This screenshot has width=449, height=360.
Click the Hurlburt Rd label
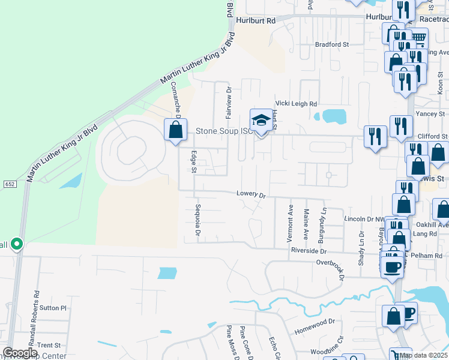pyautogui.click(x=255, y=20)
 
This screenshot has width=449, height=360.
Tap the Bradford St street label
pyautogui.click(x=332, y=44)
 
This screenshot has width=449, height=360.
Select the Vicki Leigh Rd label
pyautogui.click(x=296, y=104)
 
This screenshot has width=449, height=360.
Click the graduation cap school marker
pyautogui.click(x=261, y=121)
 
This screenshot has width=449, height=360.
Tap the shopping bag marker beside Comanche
pyautogui.click(x=175, y=130)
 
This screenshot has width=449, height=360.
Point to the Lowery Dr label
pyautogui.click(x=251, y=194)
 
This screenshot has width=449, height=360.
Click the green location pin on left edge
pyautogui.click(x=17, y=244)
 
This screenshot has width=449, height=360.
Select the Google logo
pyautogui.click(x=19, y=353)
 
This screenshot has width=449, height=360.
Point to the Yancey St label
pyautogui.click(x=432, y=113)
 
